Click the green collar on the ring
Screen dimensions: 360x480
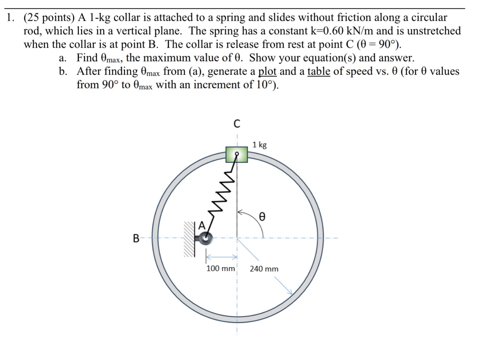tap(236, 154)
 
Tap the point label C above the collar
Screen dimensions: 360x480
tap(237, 124)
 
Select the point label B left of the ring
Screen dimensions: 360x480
tap(136, 239)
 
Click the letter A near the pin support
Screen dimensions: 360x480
tap(201, 225)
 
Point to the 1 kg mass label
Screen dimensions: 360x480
tap(260, 145)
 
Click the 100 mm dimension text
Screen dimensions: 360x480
tap(221, 269)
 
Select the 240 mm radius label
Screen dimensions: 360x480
tap(264, 269)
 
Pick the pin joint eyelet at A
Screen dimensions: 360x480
tap(206, 238)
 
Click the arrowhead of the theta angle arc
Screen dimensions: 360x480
tap(240, 211)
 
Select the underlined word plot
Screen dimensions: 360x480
tap(267, 71)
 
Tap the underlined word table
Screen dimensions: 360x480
tap(319, 71)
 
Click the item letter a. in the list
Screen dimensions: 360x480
tap(63, 58)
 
